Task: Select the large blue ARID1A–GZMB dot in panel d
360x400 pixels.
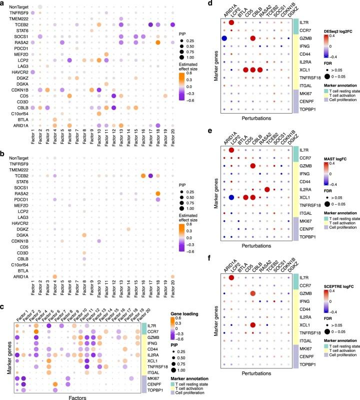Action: tap(224, 38)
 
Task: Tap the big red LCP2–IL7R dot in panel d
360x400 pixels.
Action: tap(231, 23)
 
